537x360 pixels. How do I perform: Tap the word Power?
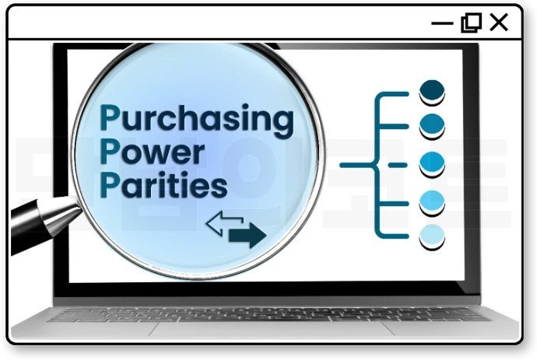coord(152,152)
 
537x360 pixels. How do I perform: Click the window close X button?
coord(499,23)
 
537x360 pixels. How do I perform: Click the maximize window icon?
coord(471,23)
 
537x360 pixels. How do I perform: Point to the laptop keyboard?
coord(268,314)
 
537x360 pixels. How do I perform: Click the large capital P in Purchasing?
coord(111,119)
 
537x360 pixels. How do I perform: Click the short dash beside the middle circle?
coord(397,164)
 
